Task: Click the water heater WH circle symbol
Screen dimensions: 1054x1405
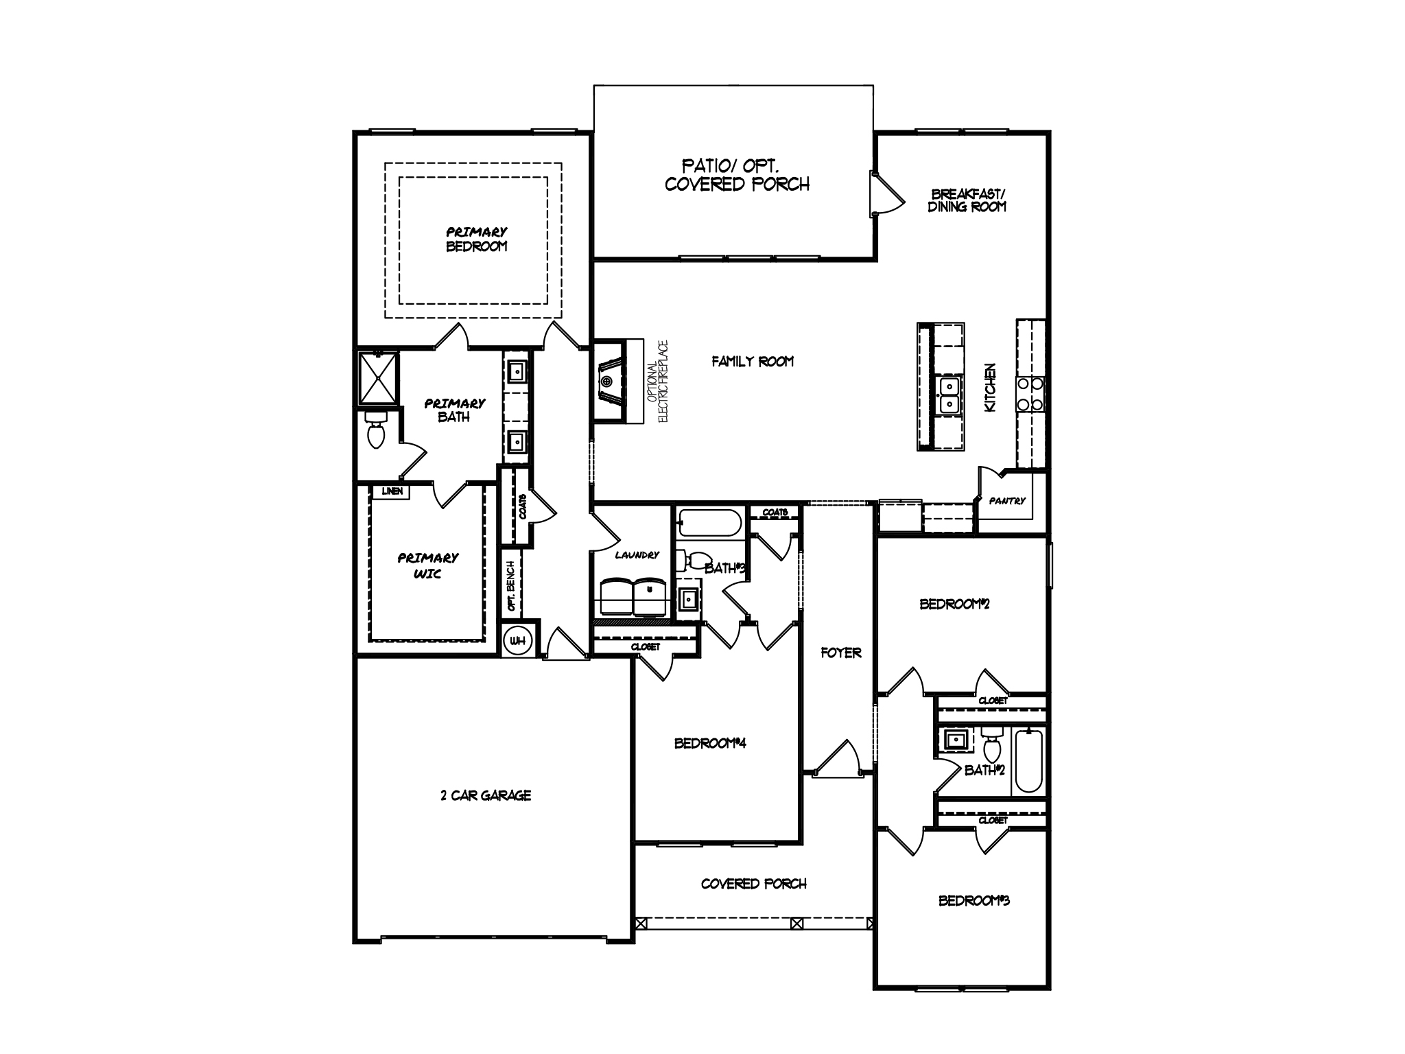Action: tap(518, 641)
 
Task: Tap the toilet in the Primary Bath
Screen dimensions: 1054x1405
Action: tap(375, 430)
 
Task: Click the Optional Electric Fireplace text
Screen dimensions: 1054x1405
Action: tap(658, 381)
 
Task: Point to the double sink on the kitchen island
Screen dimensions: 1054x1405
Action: tap(949, 396)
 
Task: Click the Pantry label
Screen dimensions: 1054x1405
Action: tap(1006, 501)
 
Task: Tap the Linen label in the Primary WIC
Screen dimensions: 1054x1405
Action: tap(392, 491)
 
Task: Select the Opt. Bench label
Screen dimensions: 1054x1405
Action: tap(511, 585)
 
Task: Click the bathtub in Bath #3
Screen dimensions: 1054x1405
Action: tap(709, 524)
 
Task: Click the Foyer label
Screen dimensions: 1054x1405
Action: tap(840, 653)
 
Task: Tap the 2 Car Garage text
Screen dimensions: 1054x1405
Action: tap(486, 795)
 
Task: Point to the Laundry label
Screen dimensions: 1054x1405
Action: tap(637, 554)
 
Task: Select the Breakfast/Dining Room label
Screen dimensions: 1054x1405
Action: tap(967, 200)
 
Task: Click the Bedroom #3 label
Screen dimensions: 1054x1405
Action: tap(973, 900)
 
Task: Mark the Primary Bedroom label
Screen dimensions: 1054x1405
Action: tap(476, 239)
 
